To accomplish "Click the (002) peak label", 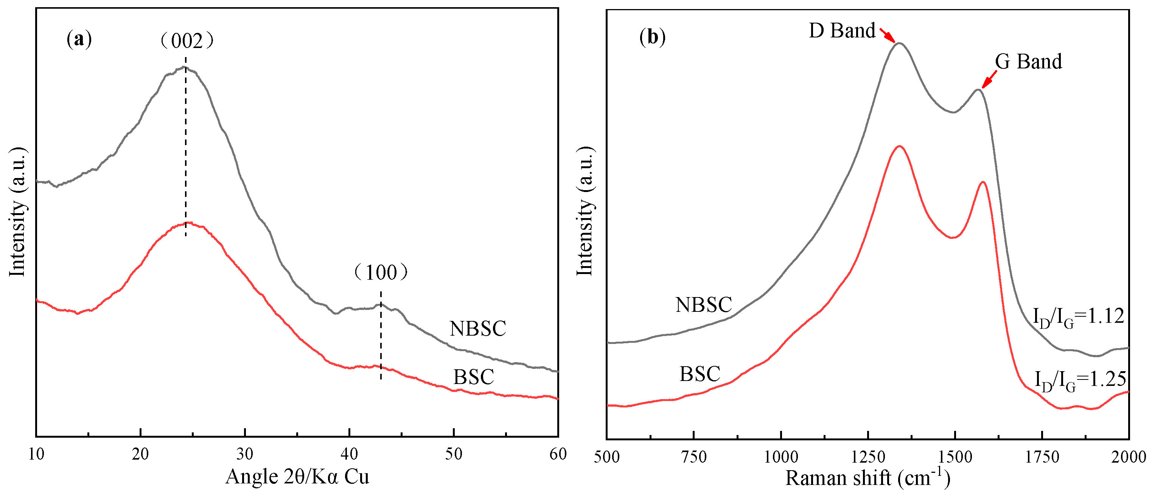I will tap(187, 41).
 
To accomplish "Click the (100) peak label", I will tap(381, 273).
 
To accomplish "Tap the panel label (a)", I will tap(79, 39).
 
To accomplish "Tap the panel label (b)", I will tap(653, 37).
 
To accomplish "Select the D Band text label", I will tap(842, 31).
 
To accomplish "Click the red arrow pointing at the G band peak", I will tap(989, 80).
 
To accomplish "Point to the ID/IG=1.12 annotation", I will tap(1078, 317).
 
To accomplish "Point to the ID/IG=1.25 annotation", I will tap(1080, 381).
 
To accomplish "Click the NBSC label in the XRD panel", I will tap(477, 329).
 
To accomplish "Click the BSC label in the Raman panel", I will tap(700, 374).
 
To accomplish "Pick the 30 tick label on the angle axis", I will tap(245, 454).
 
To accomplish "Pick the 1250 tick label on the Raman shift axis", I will tap(868, 457).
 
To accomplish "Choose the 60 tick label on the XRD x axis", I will tap(558, 454).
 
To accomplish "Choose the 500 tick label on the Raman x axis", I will tap(607, 457).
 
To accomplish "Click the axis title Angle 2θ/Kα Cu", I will tap(297, 477).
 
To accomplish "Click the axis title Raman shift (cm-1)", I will tap(867, 478).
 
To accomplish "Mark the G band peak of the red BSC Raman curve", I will tap(983, 182).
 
